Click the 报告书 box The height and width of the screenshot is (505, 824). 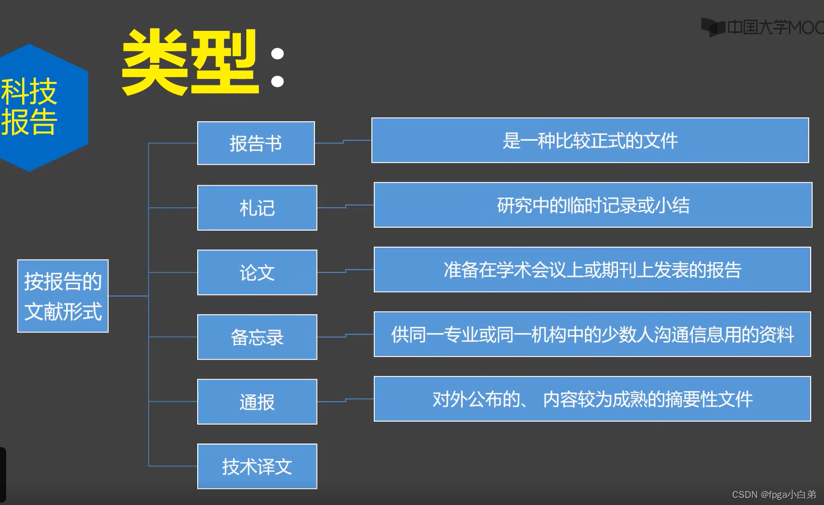(x=256, y=143)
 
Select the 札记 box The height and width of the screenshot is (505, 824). (x=257, y=208)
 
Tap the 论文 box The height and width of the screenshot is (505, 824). (x=257, y=272)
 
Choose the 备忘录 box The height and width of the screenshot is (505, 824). (x=257, y=337)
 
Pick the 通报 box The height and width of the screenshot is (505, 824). (x=257, y=402)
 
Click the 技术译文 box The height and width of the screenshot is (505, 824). (x=257, y=466)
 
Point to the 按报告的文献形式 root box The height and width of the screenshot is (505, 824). (x=63, y=296)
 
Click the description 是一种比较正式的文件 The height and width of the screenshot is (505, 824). (x=590, y=140)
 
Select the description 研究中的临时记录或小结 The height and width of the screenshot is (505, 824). (x=593, y=205)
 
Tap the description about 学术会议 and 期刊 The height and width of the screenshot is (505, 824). (x=593, y=270)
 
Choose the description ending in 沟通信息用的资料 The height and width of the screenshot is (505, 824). (x=593, y=334)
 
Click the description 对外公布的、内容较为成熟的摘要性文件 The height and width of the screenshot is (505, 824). (x=593, y=399)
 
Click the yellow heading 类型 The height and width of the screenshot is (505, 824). (x=190, y=62)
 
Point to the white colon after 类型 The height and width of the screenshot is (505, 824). (x=277, y=68)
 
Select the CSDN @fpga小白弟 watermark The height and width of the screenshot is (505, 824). (x=774, y=494)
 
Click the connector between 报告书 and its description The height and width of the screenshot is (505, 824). (x=343, y=141)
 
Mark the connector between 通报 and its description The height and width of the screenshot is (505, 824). (x=346, y=400)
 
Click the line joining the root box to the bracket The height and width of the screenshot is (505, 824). (x=128, y=296)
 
